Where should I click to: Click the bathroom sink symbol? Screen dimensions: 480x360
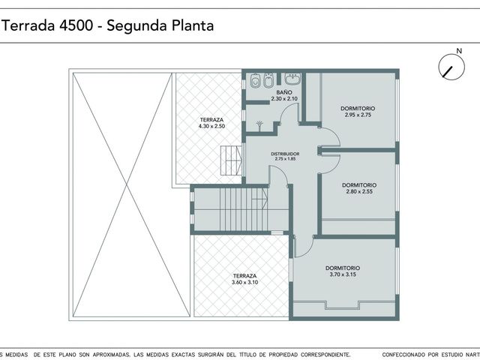coord(292,79)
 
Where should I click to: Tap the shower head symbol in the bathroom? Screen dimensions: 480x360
coord(259,126)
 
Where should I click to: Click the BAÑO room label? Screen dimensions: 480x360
coord(284,92)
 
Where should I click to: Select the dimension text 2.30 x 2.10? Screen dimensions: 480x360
coord(284,98)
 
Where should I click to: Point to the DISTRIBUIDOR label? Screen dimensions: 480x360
coord(285,154)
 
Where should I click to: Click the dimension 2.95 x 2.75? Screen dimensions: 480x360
coord(358,115)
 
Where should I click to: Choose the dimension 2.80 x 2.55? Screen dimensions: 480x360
coord(359,192)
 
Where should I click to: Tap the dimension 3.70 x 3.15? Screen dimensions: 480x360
coord(343,274)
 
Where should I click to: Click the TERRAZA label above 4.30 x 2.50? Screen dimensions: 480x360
coord(211,120)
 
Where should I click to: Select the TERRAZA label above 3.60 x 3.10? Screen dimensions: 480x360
coord(244,276)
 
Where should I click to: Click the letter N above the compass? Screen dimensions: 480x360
coord(459,51)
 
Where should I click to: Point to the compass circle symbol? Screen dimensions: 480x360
coord(451,67)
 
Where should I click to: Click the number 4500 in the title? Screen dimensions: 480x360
coord(76,25)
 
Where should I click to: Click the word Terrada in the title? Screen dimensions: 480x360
coord(28,25)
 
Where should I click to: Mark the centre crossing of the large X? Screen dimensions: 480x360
coord(127,184)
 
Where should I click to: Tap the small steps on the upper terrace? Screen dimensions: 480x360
coord(231,160)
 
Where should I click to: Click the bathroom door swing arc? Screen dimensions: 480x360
coord(288,111)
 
